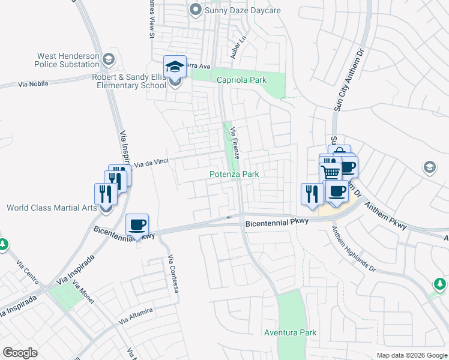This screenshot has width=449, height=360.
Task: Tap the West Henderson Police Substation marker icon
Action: click(x=108, y=59)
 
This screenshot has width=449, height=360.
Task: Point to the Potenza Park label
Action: click(x=234, y=175)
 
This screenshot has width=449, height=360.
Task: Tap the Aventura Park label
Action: click(x=290, y=332)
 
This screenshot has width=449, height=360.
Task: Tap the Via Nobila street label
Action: click(x=32, y=84)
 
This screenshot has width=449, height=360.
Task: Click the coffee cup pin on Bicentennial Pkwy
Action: click(x=137, y=224)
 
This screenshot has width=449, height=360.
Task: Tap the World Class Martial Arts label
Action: click(x=52, y=208)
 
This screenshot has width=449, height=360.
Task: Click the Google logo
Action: click(x=20, y=353)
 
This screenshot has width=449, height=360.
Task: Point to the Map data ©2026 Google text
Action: click(x=411, y=355)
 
